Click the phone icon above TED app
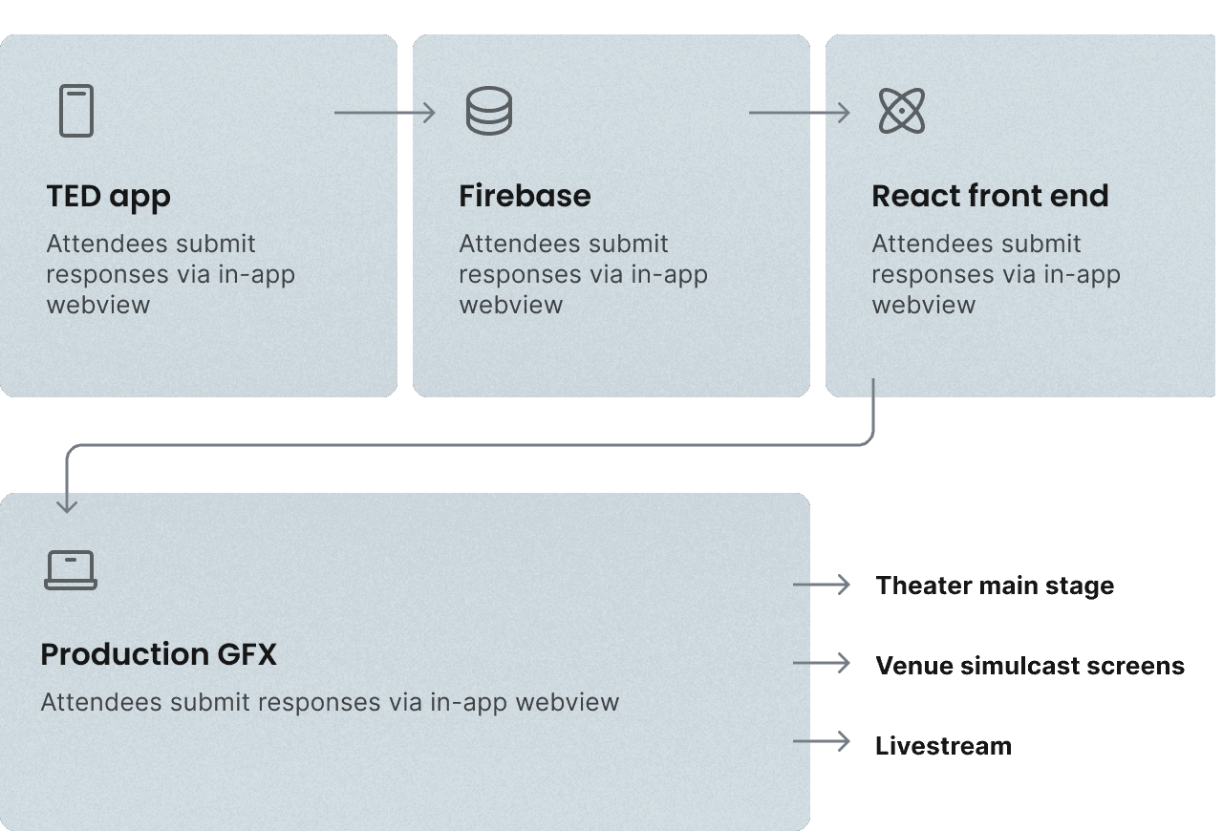pos(76,111)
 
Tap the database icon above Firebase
pos(488,111)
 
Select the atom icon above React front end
pos(901,111)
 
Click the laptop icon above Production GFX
pos(71,570)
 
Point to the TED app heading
pos(108,196)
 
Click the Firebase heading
pos(525,196)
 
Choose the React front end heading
pos(990,196)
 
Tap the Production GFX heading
pos(159,654)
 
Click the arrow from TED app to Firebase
pos(384,113)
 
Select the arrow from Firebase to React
pos(799,113)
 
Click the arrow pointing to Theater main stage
pos(822,585)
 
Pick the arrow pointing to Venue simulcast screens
pos(822,663)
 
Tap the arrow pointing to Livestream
pos(822,741)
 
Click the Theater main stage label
pos(995,586)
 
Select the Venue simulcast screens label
pos(1030,666)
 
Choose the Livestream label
pos(943,746)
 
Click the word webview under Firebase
pos(510,306)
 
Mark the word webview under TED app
pos(97,306)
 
